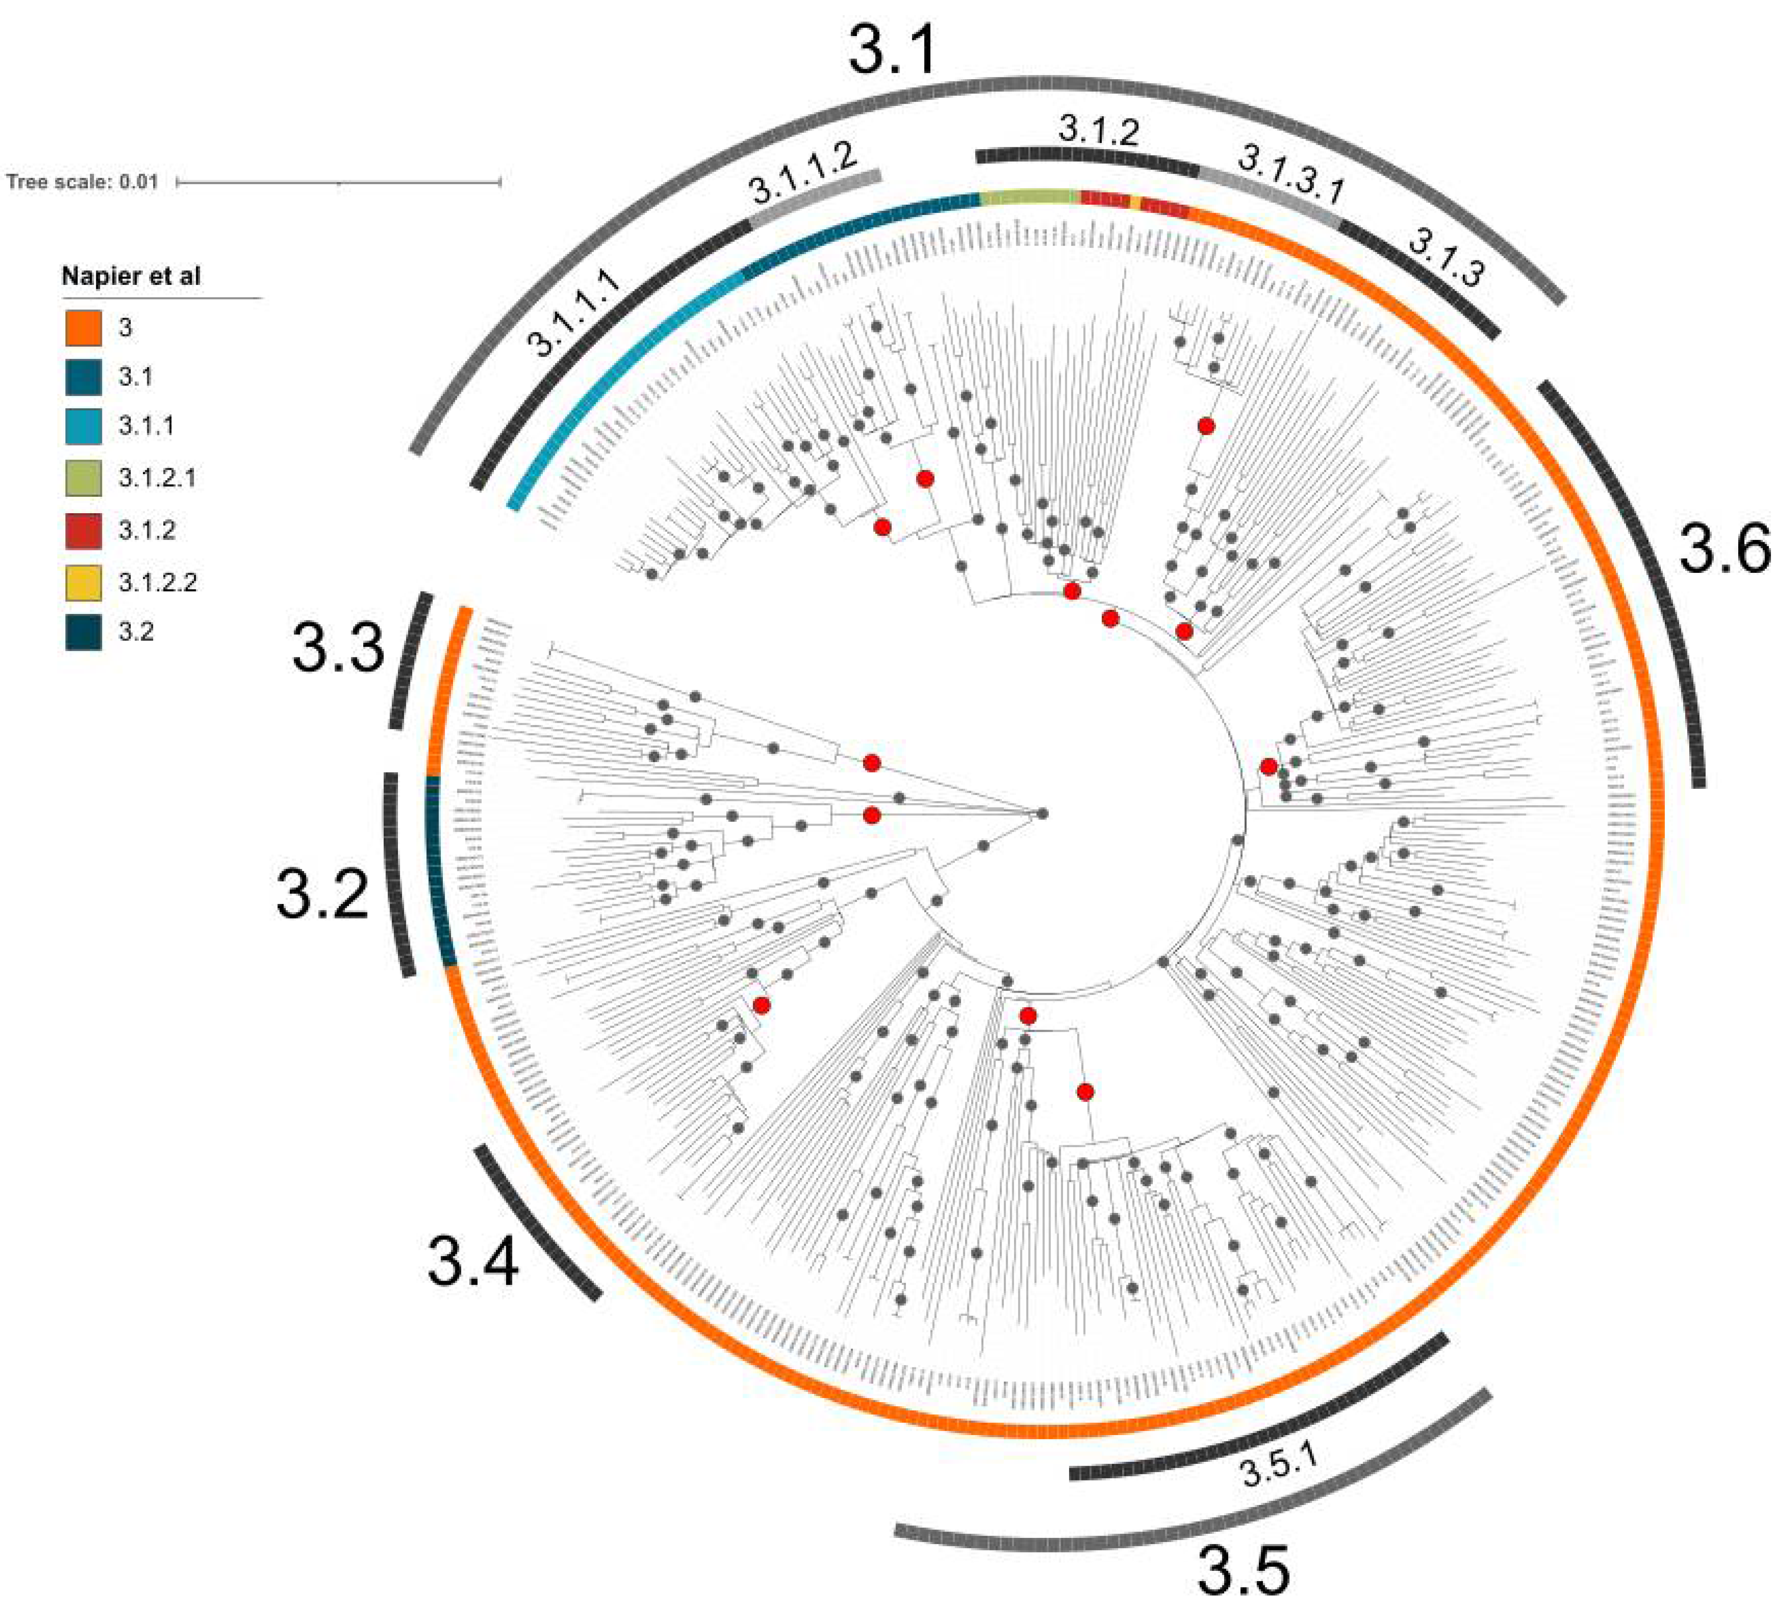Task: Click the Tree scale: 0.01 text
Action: (82, 182)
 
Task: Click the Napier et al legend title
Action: (131, 276)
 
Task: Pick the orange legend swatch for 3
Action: (83, 327)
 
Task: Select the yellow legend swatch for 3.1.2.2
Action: (83, 582)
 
